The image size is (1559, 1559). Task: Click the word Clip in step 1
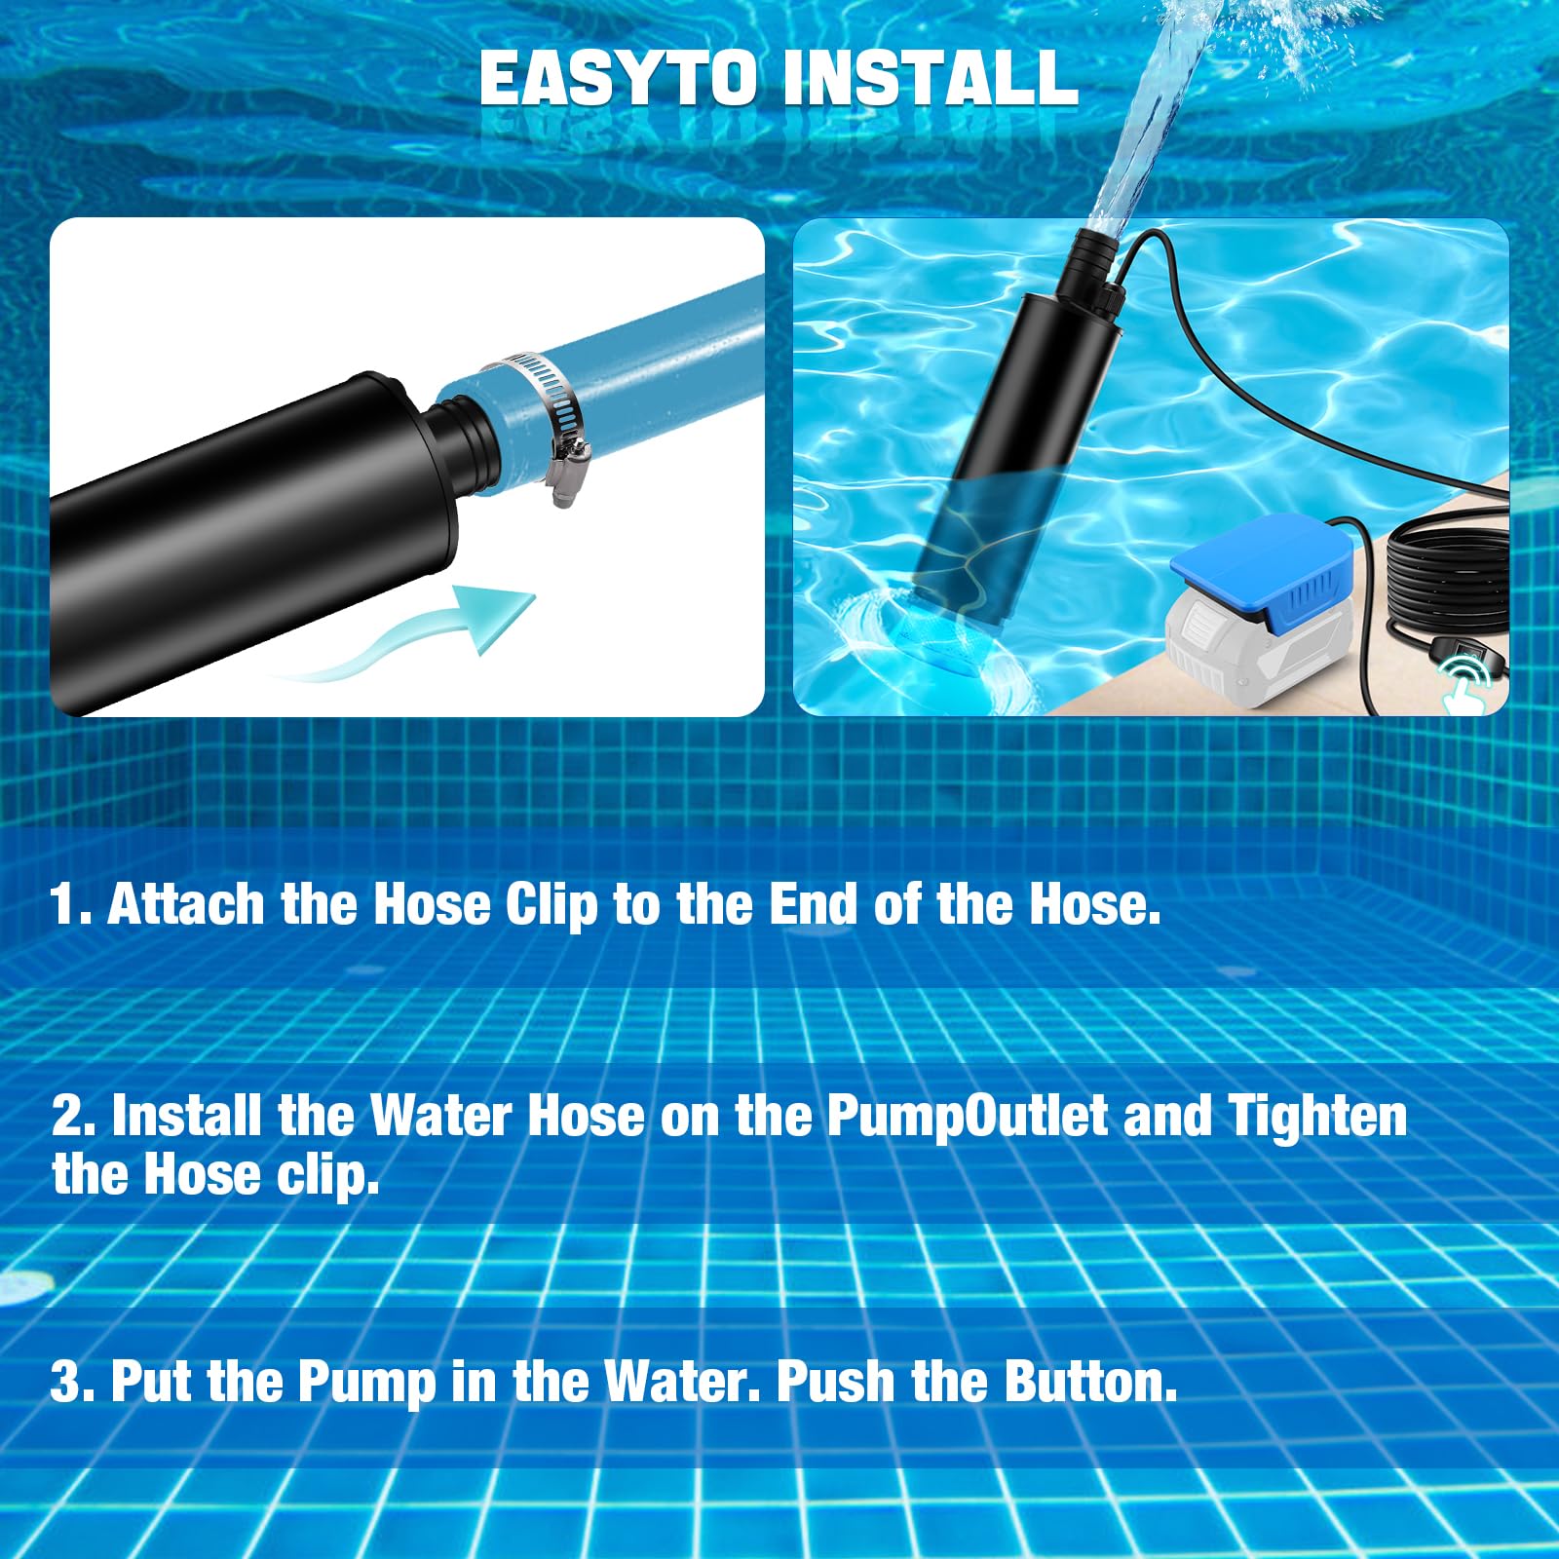(551, 906)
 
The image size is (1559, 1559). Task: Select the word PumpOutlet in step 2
(967, 1117)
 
